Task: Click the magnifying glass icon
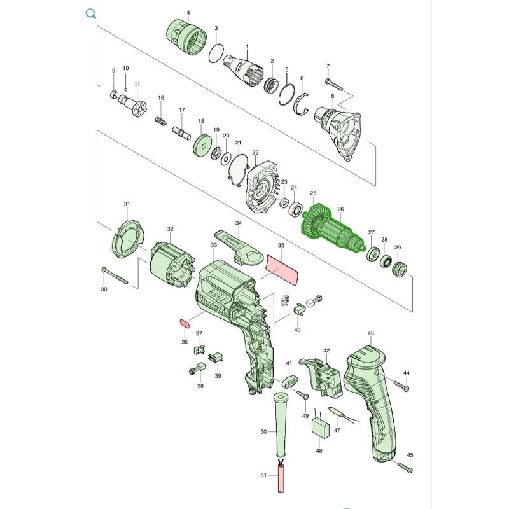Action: pos(91,13)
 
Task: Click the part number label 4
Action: pos(188,13)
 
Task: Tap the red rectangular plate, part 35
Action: pos(282,270)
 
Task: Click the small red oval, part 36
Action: pos(185,323)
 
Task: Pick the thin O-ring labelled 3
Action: pos(216,53)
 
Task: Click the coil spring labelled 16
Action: pos(161,120)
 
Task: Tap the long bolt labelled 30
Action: pos(115,275)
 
